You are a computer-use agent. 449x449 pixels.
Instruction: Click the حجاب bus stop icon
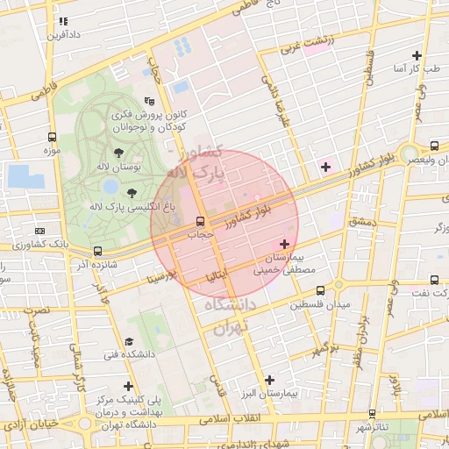click(x=201, y=221)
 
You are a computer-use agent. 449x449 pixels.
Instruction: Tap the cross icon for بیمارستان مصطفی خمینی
click(x=284, y=243)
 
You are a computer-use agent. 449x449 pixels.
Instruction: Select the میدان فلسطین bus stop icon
click(x=320, y=290)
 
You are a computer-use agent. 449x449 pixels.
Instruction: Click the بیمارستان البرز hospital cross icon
click(x=269, y=380)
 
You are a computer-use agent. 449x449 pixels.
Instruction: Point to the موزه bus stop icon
click(x=53, y=138)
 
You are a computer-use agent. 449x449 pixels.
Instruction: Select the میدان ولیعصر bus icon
click(x=435, y=145)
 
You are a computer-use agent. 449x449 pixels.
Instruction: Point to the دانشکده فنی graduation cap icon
click(x=129, y=341)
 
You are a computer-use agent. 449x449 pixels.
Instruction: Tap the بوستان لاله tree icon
click(x=118, y=153)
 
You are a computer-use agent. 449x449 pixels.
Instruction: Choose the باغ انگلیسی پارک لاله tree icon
click(x=132, y=193)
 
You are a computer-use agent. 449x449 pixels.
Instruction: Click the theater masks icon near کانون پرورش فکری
click(x=149, y=101)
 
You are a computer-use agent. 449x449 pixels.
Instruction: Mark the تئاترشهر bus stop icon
click(x=373, y=413)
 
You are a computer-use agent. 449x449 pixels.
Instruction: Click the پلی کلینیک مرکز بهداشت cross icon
click(x=129, y=386)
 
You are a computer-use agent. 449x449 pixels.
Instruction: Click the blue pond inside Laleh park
click(x=111, y=186)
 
